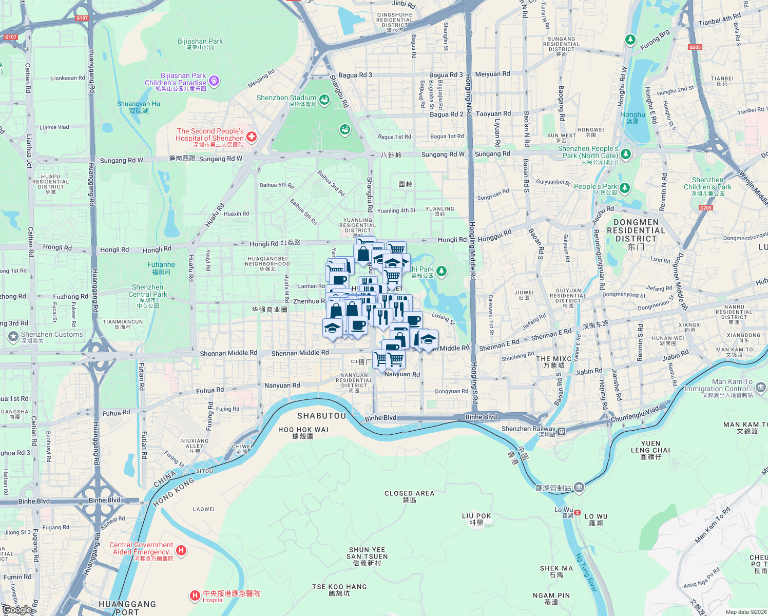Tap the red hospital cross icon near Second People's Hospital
[252, 137]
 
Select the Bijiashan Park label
[200, 42]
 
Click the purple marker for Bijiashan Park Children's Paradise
[215, 81]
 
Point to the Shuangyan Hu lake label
[139, 104]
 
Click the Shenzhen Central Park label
[148, 291]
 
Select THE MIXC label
[554, 359]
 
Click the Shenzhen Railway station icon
[562, 431]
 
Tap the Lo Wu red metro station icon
[578, 512]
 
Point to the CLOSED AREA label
[409, 493]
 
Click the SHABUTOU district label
[322, 416]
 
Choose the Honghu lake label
[632, 115]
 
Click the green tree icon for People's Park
[624, 188]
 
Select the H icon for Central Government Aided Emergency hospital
[181, 550]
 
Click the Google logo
[17, 609]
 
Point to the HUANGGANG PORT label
[127, 608]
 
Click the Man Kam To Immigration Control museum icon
[761, 387]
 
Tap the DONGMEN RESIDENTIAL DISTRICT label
[636, 230]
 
